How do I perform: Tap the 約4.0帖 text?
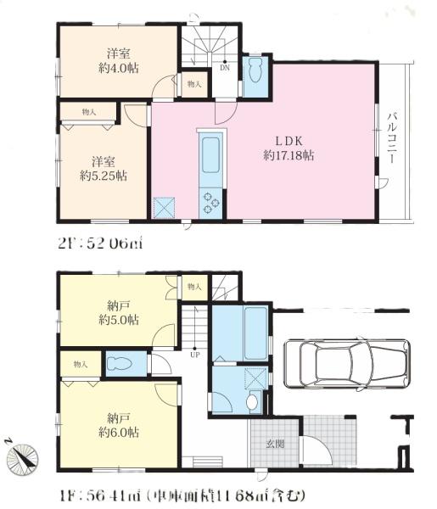pos(106,69)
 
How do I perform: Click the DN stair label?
pos(223,69)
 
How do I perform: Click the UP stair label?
pos(194,355)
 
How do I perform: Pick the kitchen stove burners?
pos(210,200)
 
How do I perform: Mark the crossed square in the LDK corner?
pos(164,206)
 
